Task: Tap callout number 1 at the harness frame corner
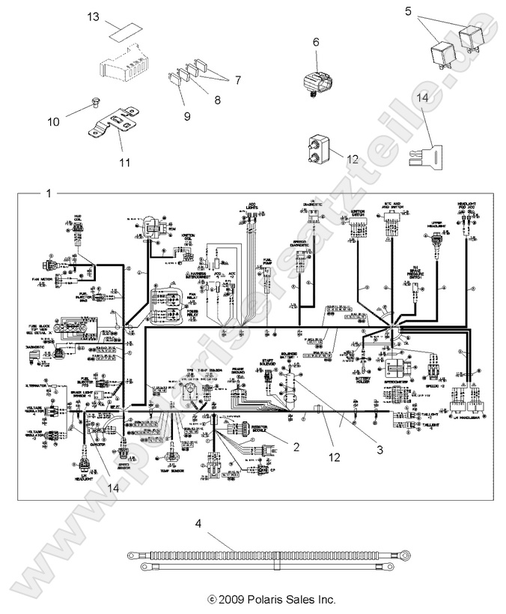[x=49, y=193]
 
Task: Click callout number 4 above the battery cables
[x=198, y=523]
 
